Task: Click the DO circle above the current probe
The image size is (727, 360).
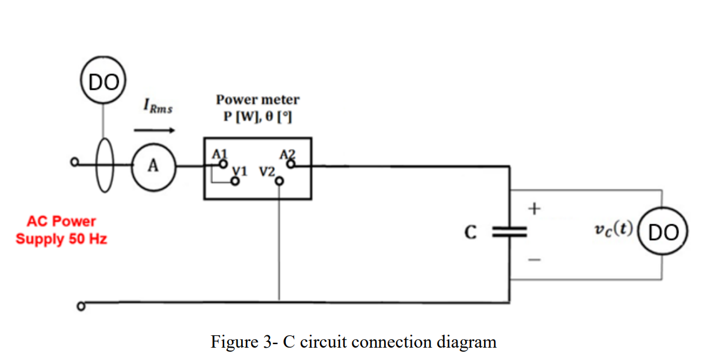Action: (103, 82)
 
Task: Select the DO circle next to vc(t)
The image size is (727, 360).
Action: (663, 232)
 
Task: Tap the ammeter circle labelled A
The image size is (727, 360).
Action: (153, 166)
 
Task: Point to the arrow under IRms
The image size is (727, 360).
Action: (150, 130)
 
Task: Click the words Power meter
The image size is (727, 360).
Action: (258, 99)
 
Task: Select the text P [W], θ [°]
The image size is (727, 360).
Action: (258, 117)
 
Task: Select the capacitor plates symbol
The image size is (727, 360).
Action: (509, 233)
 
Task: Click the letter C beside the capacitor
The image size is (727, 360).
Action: (470, 233)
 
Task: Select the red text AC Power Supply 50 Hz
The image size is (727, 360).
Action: (61, 231)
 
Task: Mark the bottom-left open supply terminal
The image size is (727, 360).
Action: (82, 306)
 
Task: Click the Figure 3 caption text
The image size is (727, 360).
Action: (354, 342)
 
